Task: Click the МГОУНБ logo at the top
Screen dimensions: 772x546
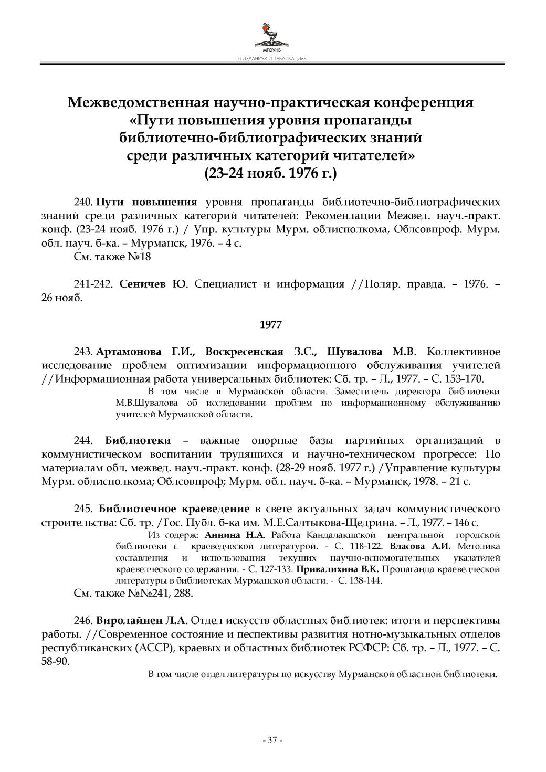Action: pos(272,37)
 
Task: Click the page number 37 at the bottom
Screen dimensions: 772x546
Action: pos(272,740)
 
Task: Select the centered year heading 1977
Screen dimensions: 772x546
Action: pos(271,325)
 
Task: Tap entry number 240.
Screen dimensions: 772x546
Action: pos(83,203)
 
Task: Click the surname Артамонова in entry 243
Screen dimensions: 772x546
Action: pos(131,352)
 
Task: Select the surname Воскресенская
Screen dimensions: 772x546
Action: pos(244,352)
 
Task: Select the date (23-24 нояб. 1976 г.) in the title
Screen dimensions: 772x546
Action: pos(271,173)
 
